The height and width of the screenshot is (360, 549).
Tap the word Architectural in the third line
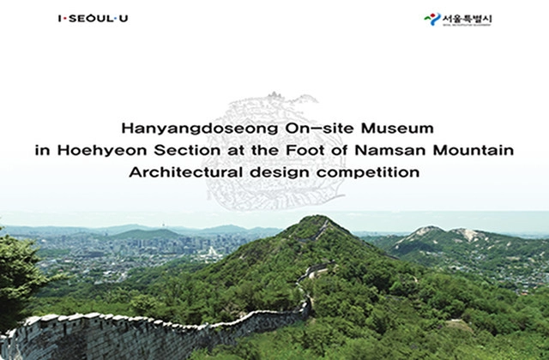(182, 172)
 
